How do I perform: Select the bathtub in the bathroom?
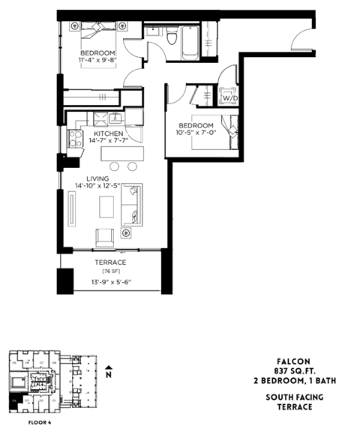[x=190, y=42]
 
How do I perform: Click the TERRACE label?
[x=110, y=262]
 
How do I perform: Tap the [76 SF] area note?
[x=110, y=271]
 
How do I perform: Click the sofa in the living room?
[x=134, y=204]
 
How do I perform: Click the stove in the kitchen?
[x=75, y=138]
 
